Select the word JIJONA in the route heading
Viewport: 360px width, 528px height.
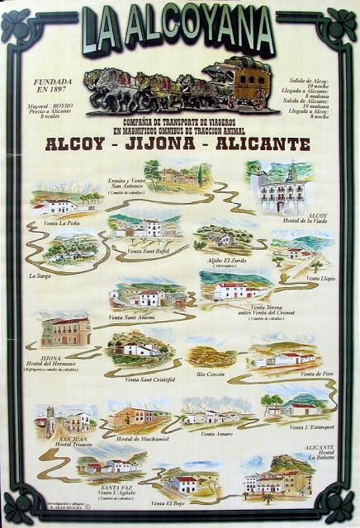click(182, 144)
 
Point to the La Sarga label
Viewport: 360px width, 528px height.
click(40, 276)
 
